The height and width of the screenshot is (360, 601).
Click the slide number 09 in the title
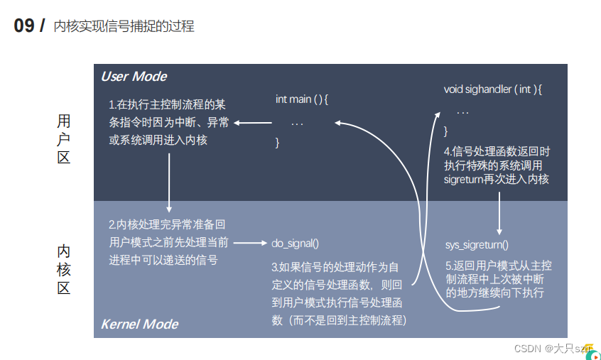[x=24, y=26]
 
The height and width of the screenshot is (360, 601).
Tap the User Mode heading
[x=134, y=77]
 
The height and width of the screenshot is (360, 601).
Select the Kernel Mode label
[x=139, y=324]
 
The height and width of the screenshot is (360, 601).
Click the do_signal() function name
[x=296, y=244]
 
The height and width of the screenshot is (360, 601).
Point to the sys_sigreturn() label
[x=477, y=245]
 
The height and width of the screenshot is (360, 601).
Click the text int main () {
[x=302, y=99]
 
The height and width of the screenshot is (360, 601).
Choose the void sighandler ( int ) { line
[x=492, y=89]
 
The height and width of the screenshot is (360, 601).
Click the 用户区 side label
[x=64, y=139]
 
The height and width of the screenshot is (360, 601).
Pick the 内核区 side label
[x=64, y=270]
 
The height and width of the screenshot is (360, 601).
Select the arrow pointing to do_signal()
[x=250, y=244]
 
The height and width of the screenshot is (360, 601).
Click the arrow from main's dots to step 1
[x=253, y=122]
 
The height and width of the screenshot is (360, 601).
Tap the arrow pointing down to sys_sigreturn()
[x=499, y=213]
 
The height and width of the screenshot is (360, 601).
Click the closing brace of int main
[x=278, y=143]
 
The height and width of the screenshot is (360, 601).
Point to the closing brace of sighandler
[x=446, y=131]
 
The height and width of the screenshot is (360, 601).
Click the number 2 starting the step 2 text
[x=111, y=224]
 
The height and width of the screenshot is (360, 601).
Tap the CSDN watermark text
[x=529, y=349]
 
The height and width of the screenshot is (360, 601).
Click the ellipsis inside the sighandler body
[x=462, y=112]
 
